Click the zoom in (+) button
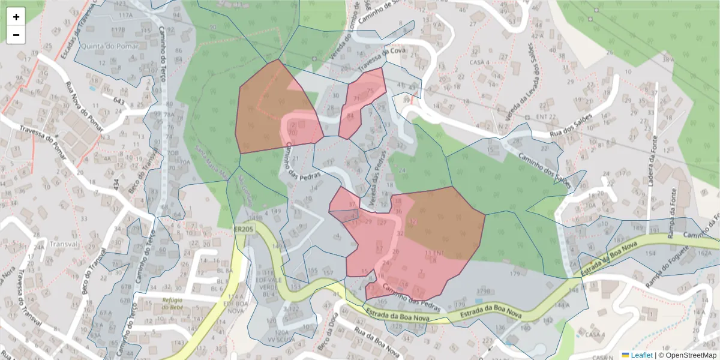pyautogui.click(x=16, y=17)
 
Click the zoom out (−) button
pyautogui.click(x=16, y=35)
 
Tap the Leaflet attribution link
pyautogui.click(x=641, y=355)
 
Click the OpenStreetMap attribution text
pyautogui.click(x=689, y=355)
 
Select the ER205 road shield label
pyautogui.click(x=243, y=229)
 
